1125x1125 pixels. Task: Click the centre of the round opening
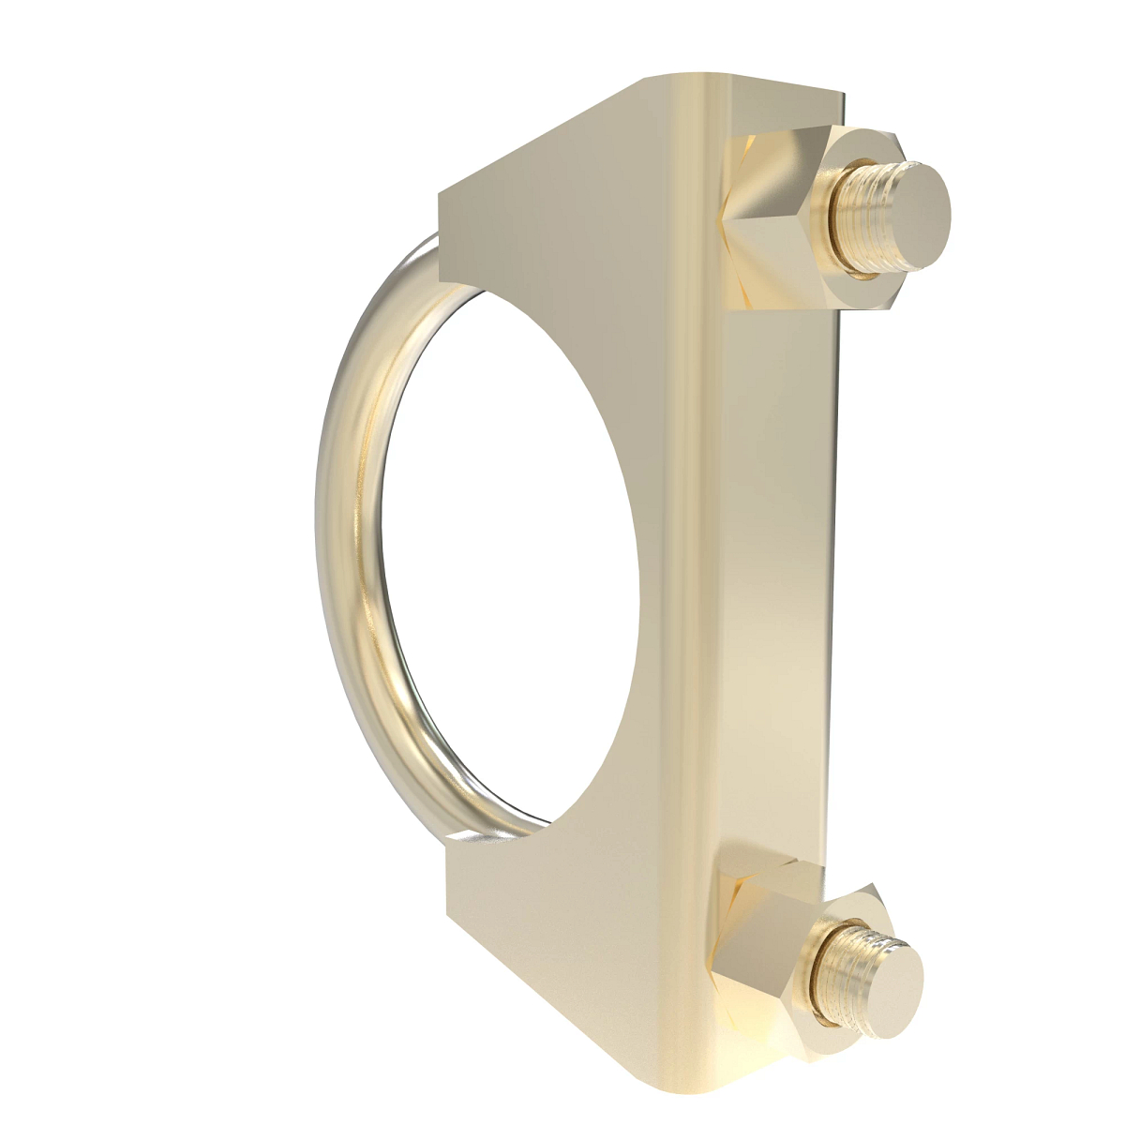click(511, 553)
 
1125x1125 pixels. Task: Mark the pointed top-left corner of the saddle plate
click(441, 192)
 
